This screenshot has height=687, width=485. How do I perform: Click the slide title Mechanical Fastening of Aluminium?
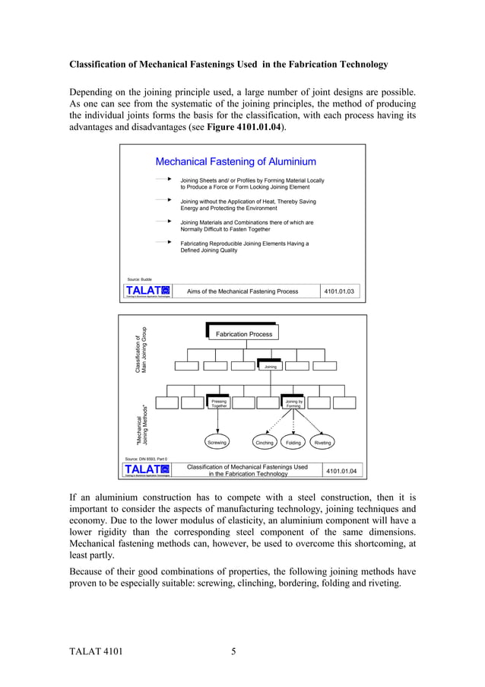click(x=236, y=161)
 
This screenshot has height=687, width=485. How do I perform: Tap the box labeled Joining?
click(x=270, y=367)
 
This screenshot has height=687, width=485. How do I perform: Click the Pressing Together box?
click(x=219, y=403)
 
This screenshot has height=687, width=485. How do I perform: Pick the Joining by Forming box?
click(x=293, y=403)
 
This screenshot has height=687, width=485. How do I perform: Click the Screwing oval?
click(x=218, y=441)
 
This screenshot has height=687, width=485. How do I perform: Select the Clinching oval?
click(x=265, y=441)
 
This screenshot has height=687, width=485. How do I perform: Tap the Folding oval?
click(x=293, y=441)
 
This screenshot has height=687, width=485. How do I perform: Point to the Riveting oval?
click(x=322, y=441)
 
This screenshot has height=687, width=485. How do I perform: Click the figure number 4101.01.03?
click(x=339, y=291)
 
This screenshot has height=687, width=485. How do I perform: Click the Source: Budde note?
click(x=138, y=280)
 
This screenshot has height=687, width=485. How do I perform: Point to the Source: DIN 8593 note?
click(x=145, y=460)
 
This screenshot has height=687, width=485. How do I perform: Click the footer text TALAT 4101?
click(x=95, y=651)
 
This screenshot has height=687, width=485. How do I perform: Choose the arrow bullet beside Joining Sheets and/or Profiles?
click(x=163, y=180)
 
